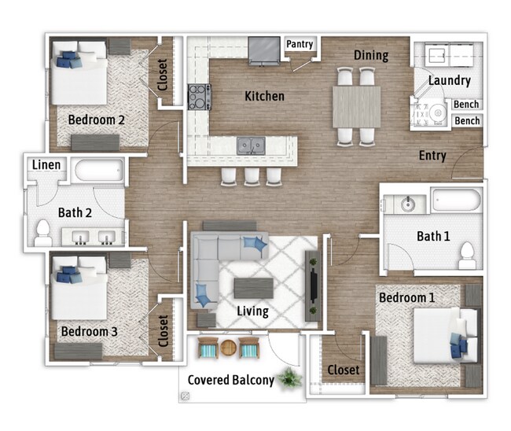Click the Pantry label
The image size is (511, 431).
(300, 45)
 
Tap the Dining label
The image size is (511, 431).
(370, 55)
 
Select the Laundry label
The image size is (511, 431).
(450, 80)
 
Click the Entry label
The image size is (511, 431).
(432, 155)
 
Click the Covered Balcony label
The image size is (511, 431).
(230, 380)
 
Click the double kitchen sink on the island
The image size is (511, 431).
(252, 145)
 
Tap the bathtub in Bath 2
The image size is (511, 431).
(97, 171)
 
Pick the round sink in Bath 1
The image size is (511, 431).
(407, 204)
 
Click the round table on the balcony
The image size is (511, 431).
(228, 347)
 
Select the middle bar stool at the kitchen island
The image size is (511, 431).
(252, 175)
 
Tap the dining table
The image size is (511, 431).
(356, 106)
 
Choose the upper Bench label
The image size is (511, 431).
(467, 105)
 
